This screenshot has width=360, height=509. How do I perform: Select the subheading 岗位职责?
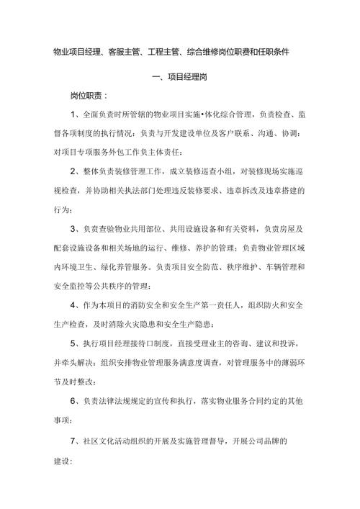86,95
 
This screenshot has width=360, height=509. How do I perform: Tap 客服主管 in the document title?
132,52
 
